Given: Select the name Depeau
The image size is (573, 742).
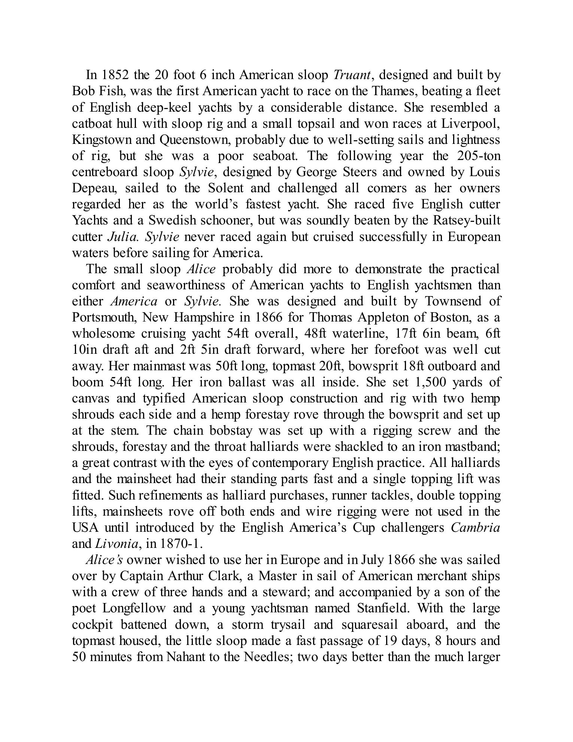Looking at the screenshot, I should tap(90, 188).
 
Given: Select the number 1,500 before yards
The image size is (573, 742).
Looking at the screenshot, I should tap(429, 382).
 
